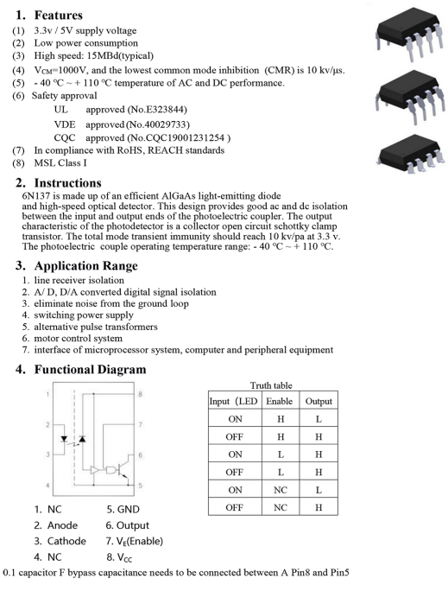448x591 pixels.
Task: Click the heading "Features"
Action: tap(59, 15)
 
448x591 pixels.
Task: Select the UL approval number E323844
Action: tap(165, 110)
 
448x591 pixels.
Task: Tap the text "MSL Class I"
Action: tap(60, 162)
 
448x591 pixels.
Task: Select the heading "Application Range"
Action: tap(85, 266)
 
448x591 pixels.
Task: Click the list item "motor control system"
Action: tap(78, 338)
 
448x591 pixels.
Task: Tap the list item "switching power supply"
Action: tap(84, 315)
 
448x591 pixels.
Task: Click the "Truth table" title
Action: tap(271, 385)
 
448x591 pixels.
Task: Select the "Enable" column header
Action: tap(280, 401)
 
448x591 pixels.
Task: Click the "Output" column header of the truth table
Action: tap(319, 402)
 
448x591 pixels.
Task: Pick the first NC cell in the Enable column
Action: tap(281, 490)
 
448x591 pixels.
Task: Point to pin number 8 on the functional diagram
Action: tap(140, 394)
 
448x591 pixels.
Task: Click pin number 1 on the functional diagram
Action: tap(47, 394)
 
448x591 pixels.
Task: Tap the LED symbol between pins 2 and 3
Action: tap(64, 439)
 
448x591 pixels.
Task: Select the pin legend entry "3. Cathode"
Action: tap(60, 541)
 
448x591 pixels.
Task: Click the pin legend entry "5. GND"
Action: tap(123, 510)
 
